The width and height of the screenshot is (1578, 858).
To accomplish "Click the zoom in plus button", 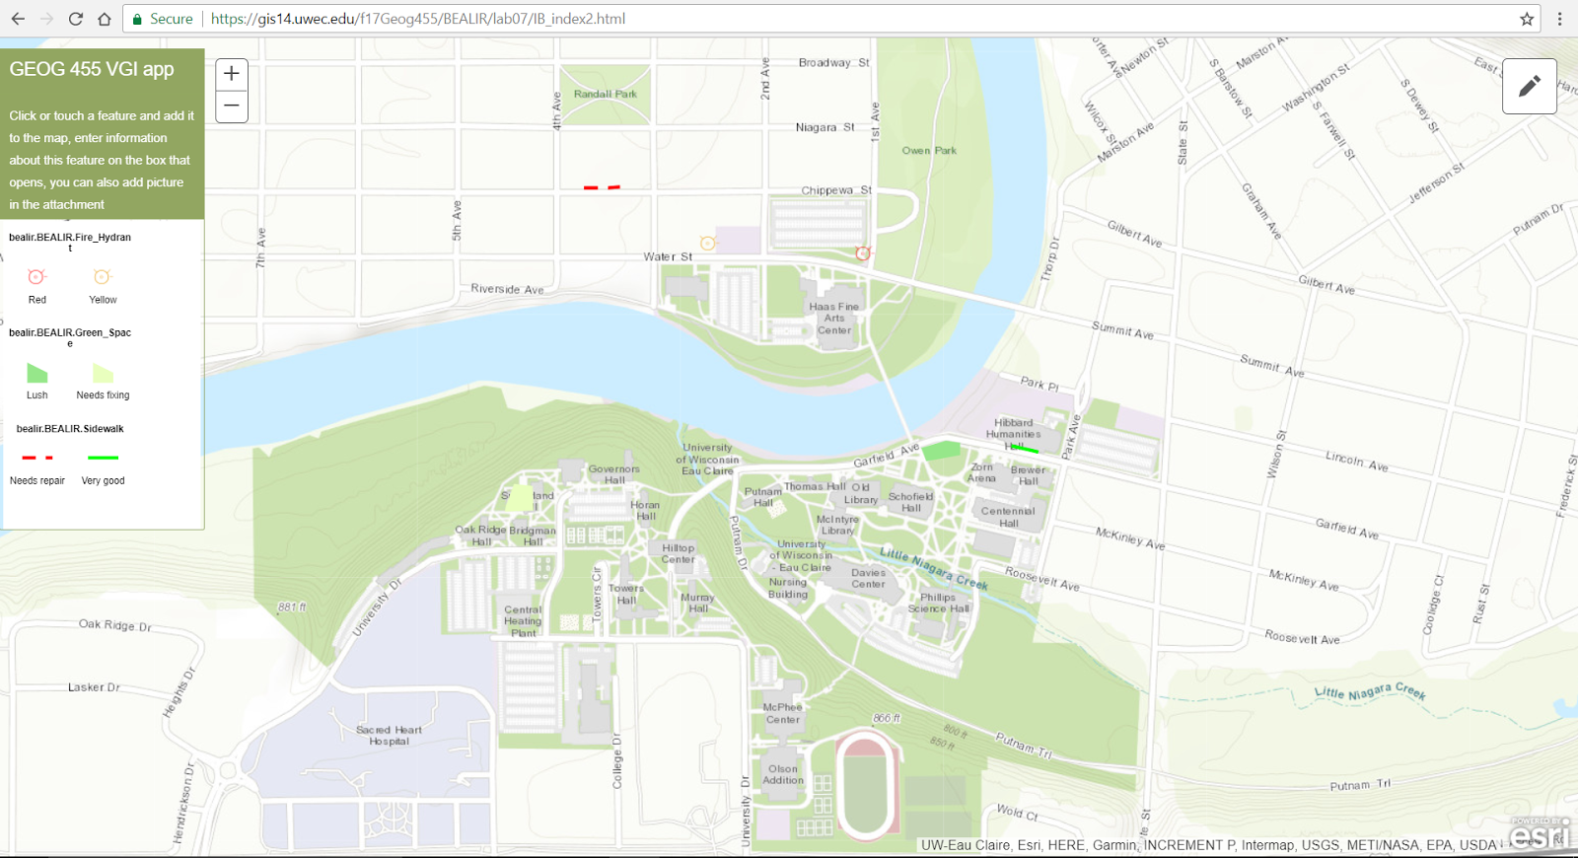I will pyautogui.click(x=232, y=73).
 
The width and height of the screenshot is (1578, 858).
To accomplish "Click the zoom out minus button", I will pyautogui.click(x=232, y=106).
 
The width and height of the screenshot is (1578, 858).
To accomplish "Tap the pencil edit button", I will pyautogui.click(x=1529, y=87).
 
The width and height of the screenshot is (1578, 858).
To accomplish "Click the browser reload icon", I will pyautogui.click(x=76, y=19).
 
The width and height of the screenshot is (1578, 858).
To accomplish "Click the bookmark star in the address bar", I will pyautogui.click(x=1527, y=19).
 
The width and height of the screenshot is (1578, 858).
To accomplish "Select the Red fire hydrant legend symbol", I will pyautogui.click(x=36, y=277).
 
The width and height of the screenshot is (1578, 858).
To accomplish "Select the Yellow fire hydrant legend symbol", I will pyautogui.click(x=102, y=277).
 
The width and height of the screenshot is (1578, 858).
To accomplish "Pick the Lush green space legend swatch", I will pyautogui.click(x=36, y=373).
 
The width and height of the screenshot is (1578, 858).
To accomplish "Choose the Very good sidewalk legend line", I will pyautogui.click(x=103, y=458).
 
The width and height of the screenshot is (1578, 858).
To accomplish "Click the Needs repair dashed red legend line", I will pyautogui.click(x=37, y=458).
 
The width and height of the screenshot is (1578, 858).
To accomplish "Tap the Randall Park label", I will pyautogui.click(x=605, y=95).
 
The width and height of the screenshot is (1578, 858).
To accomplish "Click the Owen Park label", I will pyautogui.click(x=929, y=151).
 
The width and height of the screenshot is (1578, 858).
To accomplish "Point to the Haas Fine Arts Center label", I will pyautogui.click(x=834, y=319).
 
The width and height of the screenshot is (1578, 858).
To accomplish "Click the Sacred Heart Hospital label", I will pyautogui.click(x=389, y=736).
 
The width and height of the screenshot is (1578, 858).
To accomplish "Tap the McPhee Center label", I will pyautogui.click(x=782, y=713).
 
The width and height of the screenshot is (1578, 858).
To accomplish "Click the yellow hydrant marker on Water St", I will pyautogui.click(x=707, y=243).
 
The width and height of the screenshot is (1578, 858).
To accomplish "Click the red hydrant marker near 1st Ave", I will pyautogui.click(x=863, y=253).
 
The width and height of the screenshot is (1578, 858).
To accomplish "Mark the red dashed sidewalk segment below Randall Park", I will pyautogui.click(x=602, y=186).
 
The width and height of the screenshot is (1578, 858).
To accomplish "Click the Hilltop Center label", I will pyautogui.click(x=678, y=553).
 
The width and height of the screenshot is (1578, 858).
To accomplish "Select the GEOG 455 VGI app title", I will pyautogui.click(x=92, y=69).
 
